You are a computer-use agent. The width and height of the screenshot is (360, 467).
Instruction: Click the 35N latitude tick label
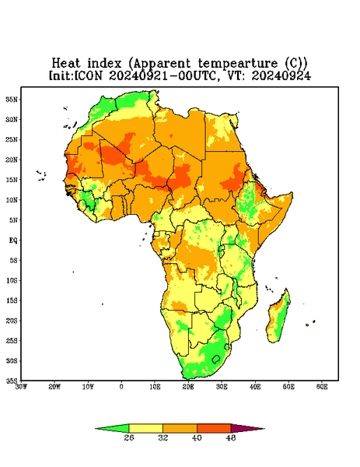pyautogui.click(x=12, y=99)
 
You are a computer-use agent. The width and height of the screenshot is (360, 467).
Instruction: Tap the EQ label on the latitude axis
pyautogui.click(x=13, y=240)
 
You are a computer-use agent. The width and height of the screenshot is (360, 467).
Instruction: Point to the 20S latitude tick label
pyautogui.click(x=12, y=321)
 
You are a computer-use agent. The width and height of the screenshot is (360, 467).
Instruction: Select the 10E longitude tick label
pyautogui.click(x=155, y=387)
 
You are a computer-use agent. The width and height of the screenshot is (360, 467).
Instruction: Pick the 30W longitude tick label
pyautogui.click(x=21, y=387)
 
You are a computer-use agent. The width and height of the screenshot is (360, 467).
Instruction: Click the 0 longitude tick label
pyautogui.click(x=121, y=387)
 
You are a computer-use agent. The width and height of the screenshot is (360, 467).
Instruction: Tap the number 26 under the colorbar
pyautogui.click(x=129, y=437)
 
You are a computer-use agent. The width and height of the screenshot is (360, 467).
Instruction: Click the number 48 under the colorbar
pyautogui.click(x=231, y=437)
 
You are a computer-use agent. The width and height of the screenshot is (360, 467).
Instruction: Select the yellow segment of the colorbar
pyautogui.click(x=145, y=429)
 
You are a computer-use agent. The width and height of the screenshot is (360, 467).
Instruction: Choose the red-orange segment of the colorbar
pyautogui.click(x=214, y=429)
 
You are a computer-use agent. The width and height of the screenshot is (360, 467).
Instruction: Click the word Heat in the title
pyautogui.click(x=66, y=64)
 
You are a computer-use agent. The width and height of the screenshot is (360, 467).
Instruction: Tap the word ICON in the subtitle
pyautogui.click(x=89, y=75)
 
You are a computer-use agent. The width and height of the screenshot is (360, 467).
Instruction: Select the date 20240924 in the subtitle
pyautogui.click(x=281, y=75)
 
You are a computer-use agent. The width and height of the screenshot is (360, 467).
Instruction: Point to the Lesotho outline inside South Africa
pyautogui.click(x=216, y=359)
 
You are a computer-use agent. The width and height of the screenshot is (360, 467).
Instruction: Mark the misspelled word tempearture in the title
pyautogui.click(x=238, y=64)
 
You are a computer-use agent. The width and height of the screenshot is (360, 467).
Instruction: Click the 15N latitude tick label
pyautogui.click(x=12, y=180)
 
